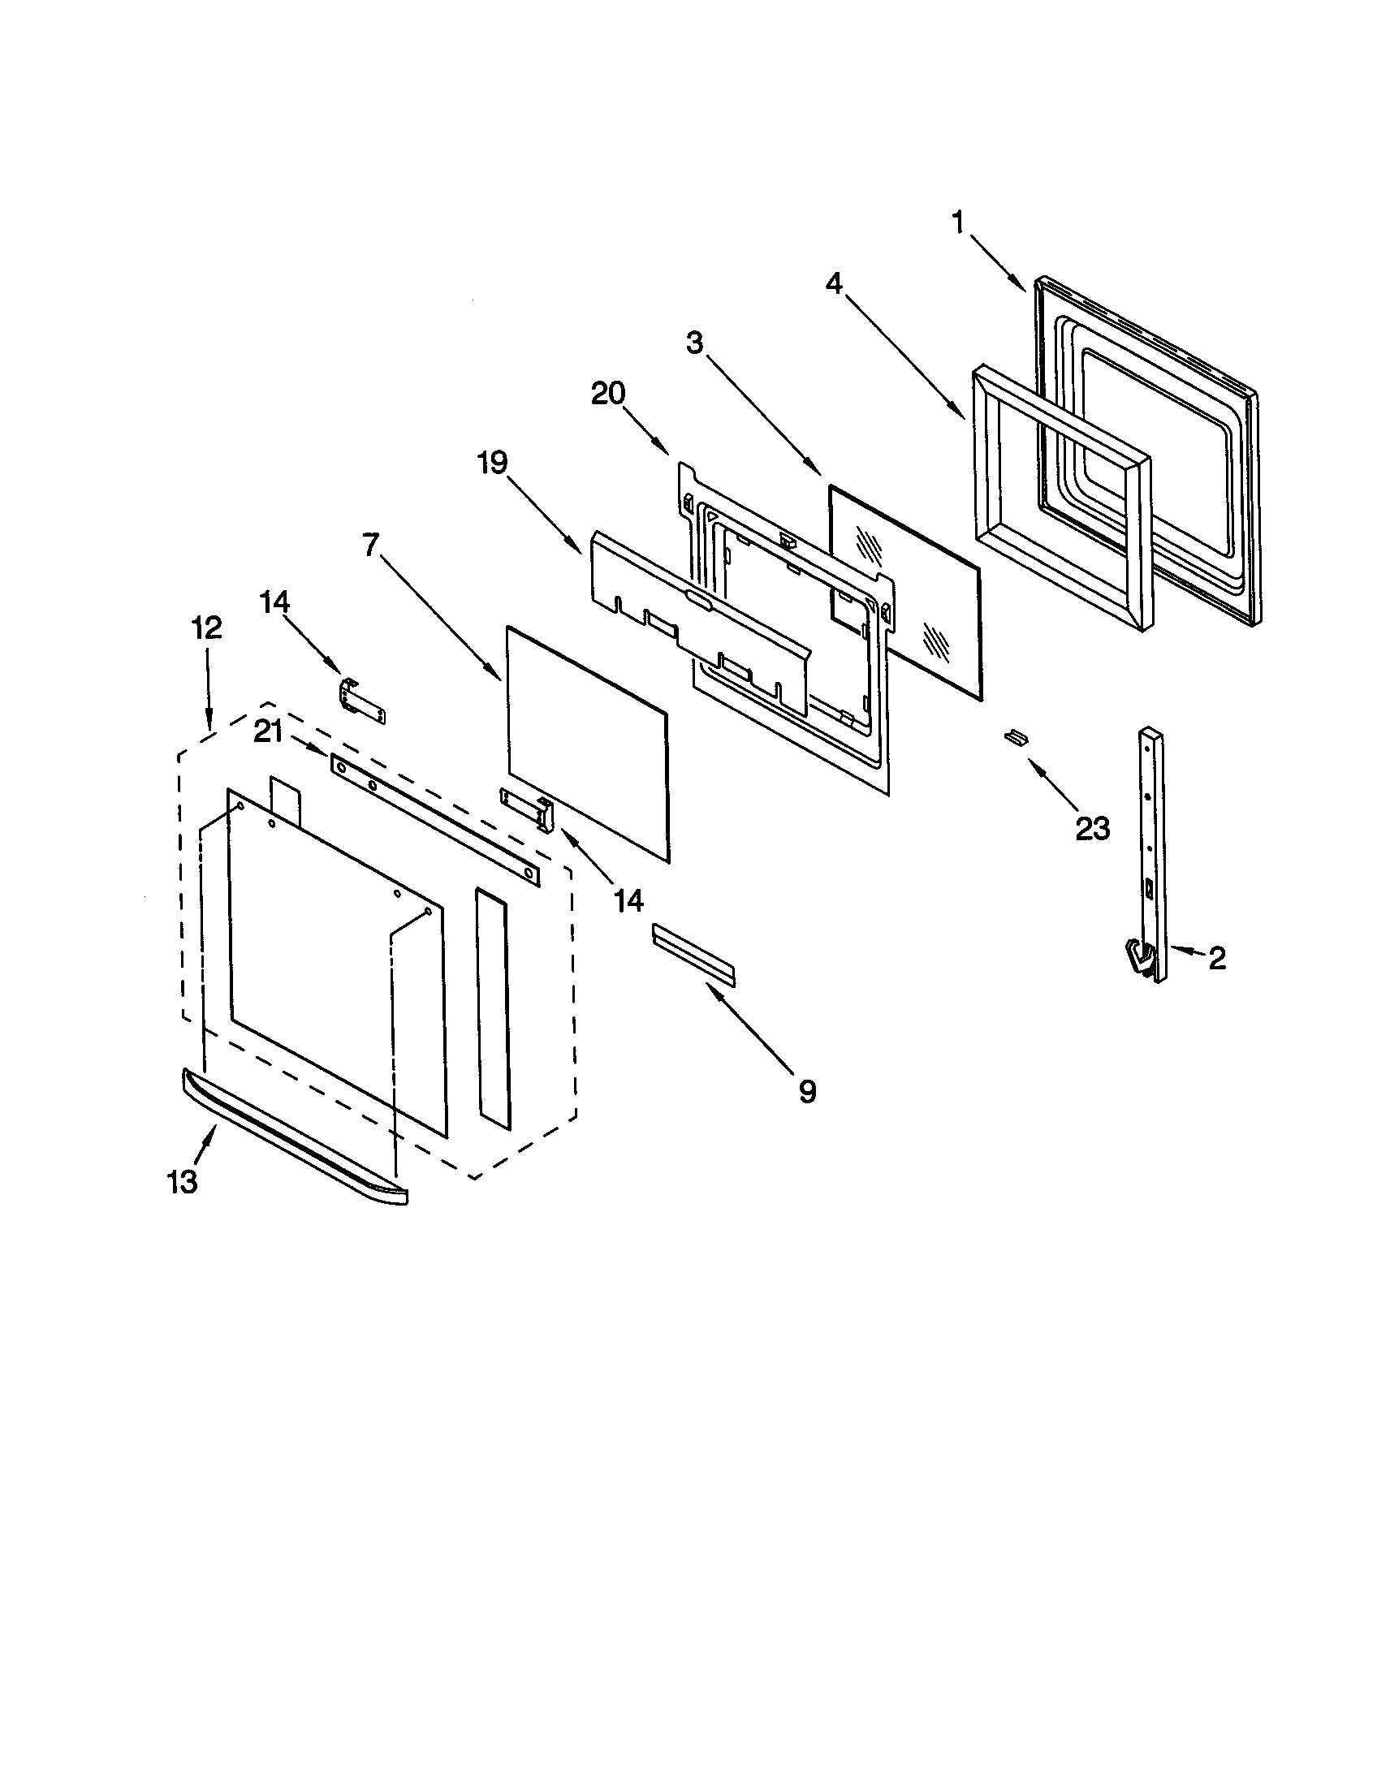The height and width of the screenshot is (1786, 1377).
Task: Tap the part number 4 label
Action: tap(833, 283)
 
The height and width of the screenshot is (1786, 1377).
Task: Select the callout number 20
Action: tap(608, 395)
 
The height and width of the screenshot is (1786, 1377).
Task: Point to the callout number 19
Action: tap(492, 464)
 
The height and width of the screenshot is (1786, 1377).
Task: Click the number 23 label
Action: tap(1092, 828)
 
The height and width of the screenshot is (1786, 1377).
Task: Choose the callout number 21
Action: tap(267, 733)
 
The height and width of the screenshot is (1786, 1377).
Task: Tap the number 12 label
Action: tap(206, 628)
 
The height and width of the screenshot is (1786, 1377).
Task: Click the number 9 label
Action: tap(807, 1091)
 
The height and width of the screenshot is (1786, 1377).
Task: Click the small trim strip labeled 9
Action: tap(693, 953)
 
